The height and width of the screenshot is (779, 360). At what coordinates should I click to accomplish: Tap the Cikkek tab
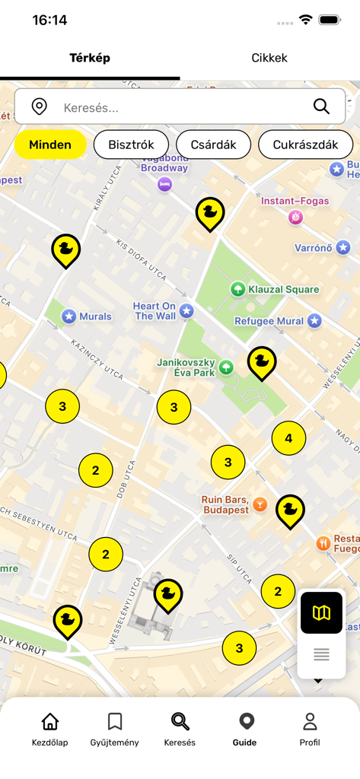coord(269,58)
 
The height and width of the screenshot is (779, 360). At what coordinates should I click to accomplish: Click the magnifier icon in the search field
coord(321,107)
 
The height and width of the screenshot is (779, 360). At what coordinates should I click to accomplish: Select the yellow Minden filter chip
coord(50,145)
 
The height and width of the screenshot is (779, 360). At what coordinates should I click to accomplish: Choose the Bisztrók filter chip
coord(131,145)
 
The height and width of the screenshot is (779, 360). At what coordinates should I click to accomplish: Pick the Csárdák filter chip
coord(213,145)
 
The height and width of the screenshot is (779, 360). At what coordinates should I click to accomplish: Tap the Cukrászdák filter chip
coord(305,145)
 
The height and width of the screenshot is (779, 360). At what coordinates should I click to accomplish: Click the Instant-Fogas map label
coord(295,201)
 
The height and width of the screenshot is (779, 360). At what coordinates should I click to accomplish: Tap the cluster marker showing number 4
coord(288,438)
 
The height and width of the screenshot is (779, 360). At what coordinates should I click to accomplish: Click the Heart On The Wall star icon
coord(186,311)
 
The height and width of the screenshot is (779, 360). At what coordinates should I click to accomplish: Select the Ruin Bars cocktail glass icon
coord(260,504)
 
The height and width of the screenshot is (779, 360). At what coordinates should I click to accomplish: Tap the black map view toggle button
coord(321,612)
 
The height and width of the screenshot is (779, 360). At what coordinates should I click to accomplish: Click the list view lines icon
coord(321,654)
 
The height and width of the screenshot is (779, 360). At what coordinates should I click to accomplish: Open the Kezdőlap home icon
coord(50,721)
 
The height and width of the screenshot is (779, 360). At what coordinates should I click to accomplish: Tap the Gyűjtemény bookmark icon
coord(115,721)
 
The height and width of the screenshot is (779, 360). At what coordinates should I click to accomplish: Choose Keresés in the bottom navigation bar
coord(180,729)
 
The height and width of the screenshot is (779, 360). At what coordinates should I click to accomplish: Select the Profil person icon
coord(310,721)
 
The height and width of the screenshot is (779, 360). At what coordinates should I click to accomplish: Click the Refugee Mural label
coord(269,321)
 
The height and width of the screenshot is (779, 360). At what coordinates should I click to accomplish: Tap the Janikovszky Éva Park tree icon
coord(226,368)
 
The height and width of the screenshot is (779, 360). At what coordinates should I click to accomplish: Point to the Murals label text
coord(95,316)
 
